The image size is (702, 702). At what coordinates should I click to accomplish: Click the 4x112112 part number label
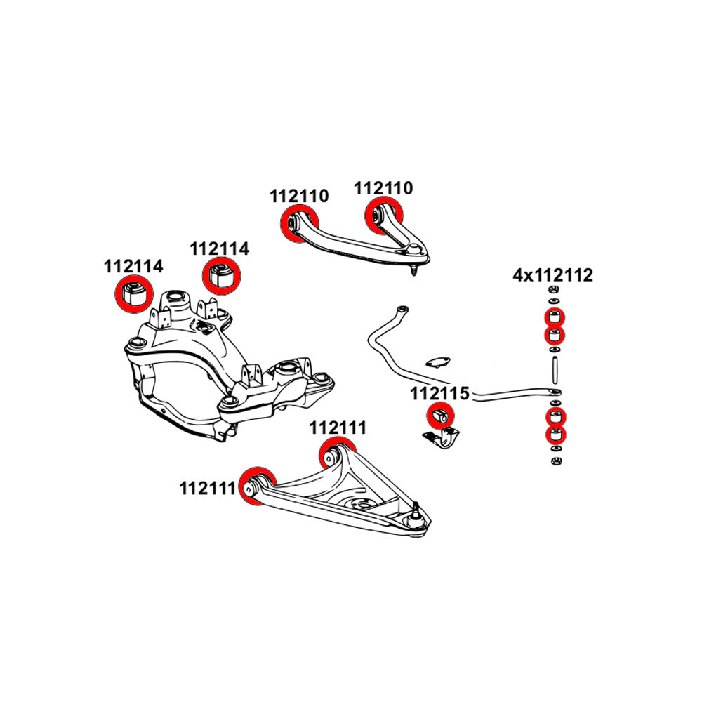(552, 275)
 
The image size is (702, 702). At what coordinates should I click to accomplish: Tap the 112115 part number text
(439, 395)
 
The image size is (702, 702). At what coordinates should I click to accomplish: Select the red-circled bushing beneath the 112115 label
(442, 416)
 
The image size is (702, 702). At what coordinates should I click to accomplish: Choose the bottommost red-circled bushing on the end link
(555, 435)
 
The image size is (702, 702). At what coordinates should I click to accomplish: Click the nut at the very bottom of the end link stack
(555, 461)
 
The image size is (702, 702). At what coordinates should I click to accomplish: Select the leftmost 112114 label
(133, 267)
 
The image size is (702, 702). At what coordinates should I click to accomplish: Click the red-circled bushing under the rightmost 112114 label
(220, 274)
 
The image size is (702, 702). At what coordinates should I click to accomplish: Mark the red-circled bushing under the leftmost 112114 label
(133, 294)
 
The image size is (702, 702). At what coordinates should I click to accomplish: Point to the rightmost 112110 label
(383, 188)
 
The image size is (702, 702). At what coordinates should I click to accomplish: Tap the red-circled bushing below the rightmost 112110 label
(381, 213)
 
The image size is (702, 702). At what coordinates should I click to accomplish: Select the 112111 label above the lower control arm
(338, 427)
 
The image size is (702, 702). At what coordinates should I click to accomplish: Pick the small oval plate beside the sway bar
(439, 362)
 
